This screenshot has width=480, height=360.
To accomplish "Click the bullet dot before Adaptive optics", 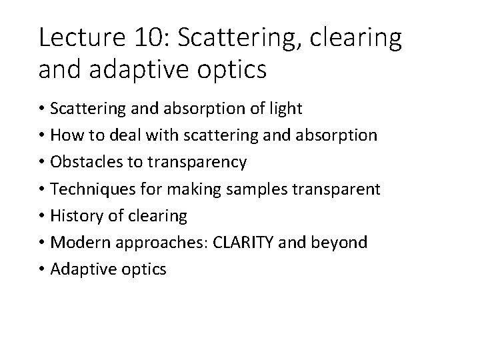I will coord(43,269).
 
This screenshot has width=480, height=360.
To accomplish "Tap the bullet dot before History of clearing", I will coord(43,216).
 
